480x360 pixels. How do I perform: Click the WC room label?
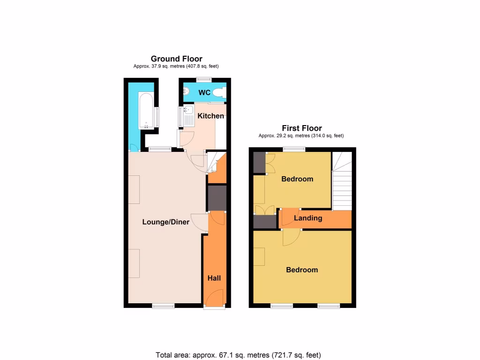point(204,93)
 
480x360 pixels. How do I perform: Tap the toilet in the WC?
point(218,93)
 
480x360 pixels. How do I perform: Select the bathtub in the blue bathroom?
point(146,111)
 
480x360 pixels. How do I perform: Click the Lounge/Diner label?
point(166,222)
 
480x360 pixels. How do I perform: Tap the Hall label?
point(214,278)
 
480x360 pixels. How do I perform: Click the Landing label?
point(308,218)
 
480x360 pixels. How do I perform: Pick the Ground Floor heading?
point(176,59)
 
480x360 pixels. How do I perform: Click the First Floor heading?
point(301,128)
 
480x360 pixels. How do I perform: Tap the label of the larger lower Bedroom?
point(302,270)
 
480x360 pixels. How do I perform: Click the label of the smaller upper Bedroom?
point(297,179)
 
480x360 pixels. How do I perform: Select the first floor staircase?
point(342,183)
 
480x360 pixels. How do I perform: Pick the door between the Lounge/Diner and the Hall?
point(201,222)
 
